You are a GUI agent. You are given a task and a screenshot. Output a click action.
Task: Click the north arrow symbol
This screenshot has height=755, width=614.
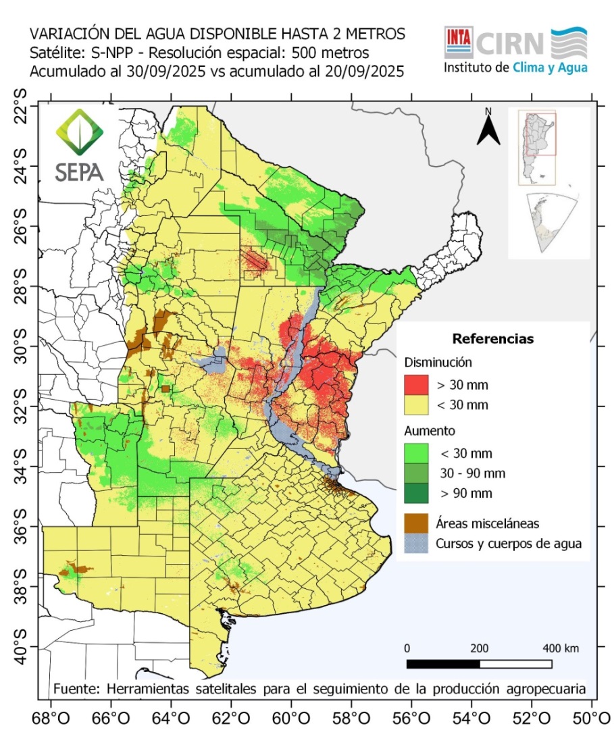click(x=488, y=128)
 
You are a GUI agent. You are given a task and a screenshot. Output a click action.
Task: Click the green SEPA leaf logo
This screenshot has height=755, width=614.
click(x=79, y=135)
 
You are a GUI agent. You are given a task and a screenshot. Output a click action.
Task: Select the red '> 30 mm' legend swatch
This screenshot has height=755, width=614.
click(x=417, y=386)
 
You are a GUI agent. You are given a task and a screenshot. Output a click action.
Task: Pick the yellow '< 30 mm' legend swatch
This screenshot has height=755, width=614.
click(x=417, y=405)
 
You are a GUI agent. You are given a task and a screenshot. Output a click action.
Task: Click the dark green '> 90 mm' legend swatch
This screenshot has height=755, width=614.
click(x=417, y=492)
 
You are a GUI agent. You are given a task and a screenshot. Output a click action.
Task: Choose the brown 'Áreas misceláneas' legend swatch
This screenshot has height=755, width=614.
click(x=417, y=522)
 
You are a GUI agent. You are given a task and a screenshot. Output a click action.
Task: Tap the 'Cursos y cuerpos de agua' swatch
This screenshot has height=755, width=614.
click(x=417, y=542)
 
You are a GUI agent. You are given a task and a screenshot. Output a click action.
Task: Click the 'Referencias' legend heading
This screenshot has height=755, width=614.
click(x=492, y=338)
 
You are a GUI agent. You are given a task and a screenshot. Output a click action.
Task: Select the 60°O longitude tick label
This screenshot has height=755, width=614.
click(x=291, y=718)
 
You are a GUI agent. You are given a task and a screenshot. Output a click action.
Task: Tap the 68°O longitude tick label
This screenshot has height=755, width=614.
click(x=51, y=718)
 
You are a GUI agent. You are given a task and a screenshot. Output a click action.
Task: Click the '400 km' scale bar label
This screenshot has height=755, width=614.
click(x=561, y=648)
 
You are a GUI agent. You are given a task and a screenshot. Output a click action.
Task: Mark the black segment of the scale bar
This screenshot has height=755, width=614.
click(x=443, y=664)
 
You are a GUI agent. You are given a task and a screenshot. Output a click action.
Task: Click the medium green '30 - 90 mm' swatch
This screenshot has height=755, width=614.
click(x=417, y=473)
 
